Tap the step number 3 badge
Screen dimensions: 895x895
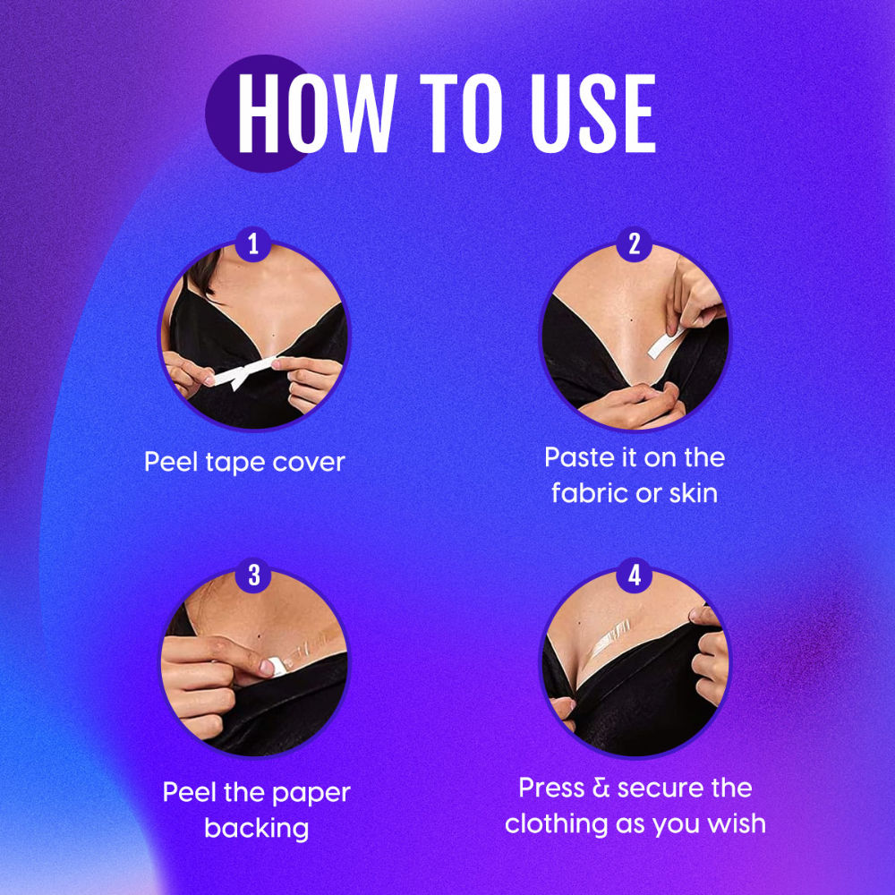tap(254, 575)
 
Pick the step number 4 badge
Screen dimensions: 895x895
tap(635, 575)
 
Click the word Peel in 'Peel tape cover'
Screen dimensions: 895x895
tap(172, 463)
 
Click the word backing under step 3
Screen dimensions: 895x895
tap(256, 828)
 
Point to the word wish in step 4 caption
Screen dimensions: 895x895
tap(735, 823)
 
